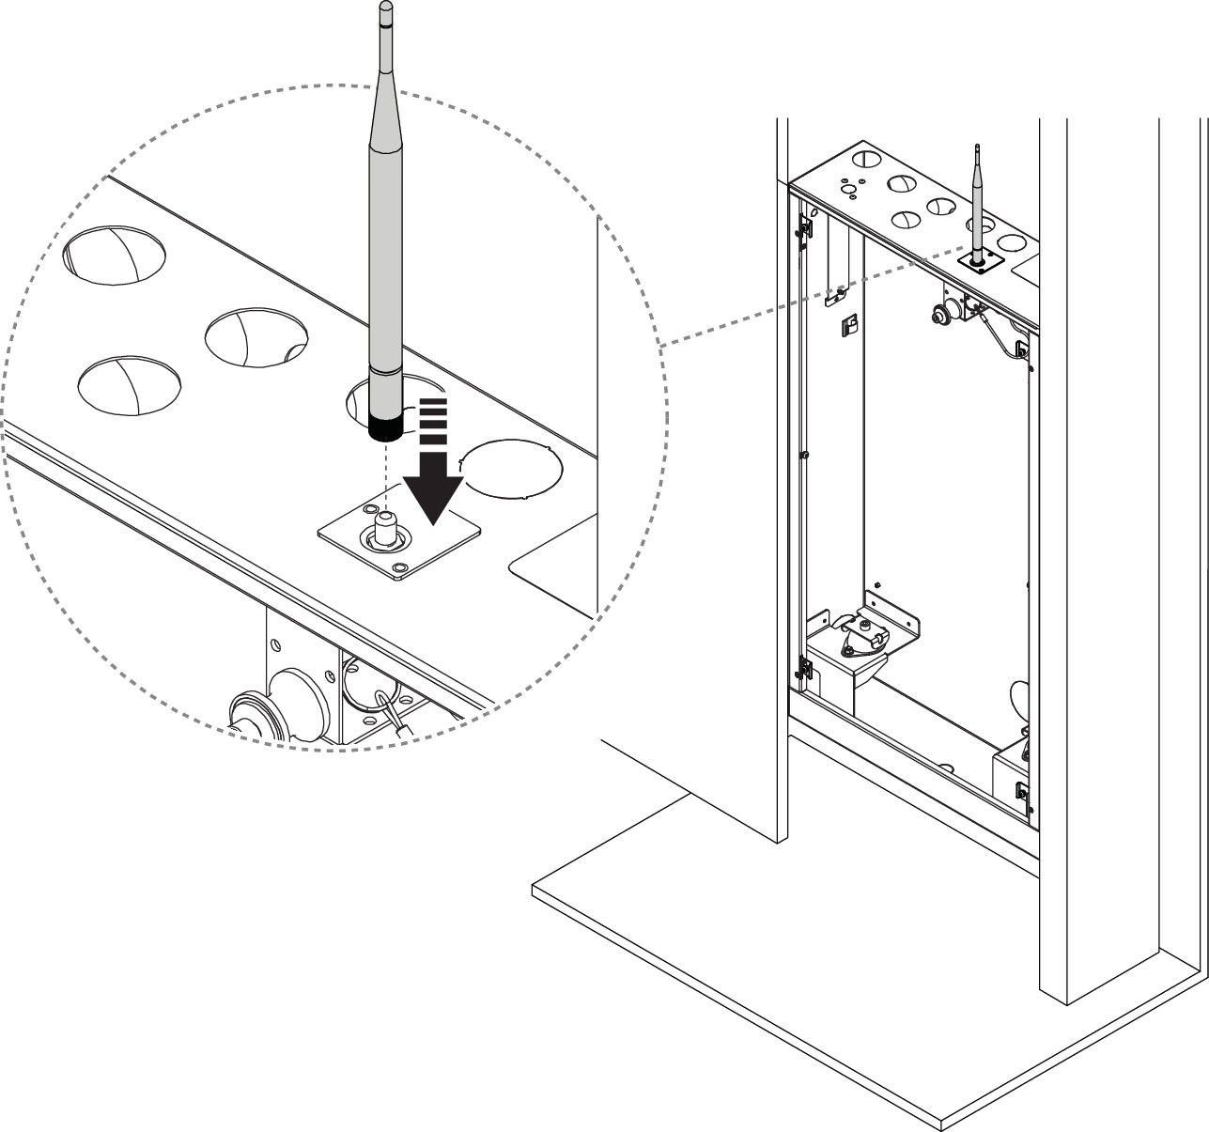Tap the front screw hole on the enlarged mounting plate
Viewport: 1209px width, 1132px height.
(401, 568)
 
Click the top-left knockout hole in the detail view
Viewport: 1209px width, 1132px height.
(115, 255)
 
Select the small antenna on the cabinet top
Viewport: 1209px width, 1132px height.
(978, 202)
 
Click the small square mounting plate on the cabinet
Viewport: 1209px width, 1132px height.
(981, 264)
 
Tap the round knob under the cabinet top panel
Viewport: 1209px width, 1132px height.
(939, 316)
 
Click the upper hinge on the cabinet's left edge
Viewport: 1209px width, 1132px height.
(804, 227)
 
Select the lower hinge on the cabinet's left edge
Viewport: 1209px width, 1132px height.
(804, 668)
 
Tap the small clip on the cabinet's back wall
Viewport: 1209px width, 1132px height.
(847, 325)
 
